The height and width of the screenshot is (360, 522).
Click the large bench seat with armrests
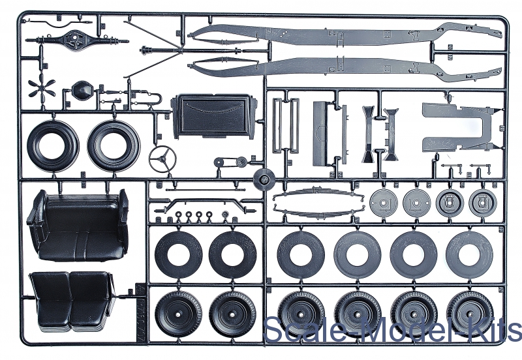(x=78, y=224)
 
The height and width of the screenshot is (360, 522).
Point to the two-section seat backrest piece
(x=71, y=299)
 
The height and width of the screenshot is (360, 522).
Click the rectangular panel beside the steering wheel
(x=212, y=115)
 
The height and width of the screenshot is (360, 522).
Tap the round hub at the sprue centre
(x=264, y=177)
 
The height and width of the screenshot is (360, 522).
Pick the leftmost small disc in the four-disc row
(x=383, y=204)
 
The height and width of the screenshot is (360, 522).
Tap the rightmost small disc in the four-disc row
(x=482, y=204)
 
